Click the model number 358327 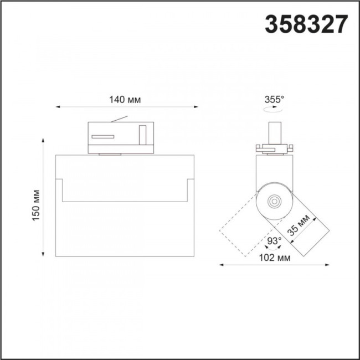pos(308,24)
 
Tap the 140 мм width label pos(125,100)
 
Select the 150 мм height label pos(37,205)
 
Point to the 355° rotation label pos(274,100)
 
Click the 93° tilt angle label pos(274,241)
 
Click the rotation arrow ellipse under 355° pos(273,111)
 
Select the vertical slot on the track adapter pos(142,135)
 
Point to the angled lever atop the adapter pos(120,119)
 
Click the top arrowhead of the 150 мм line pos(44,141)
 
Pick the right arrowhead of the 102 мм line pos(327,265)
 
